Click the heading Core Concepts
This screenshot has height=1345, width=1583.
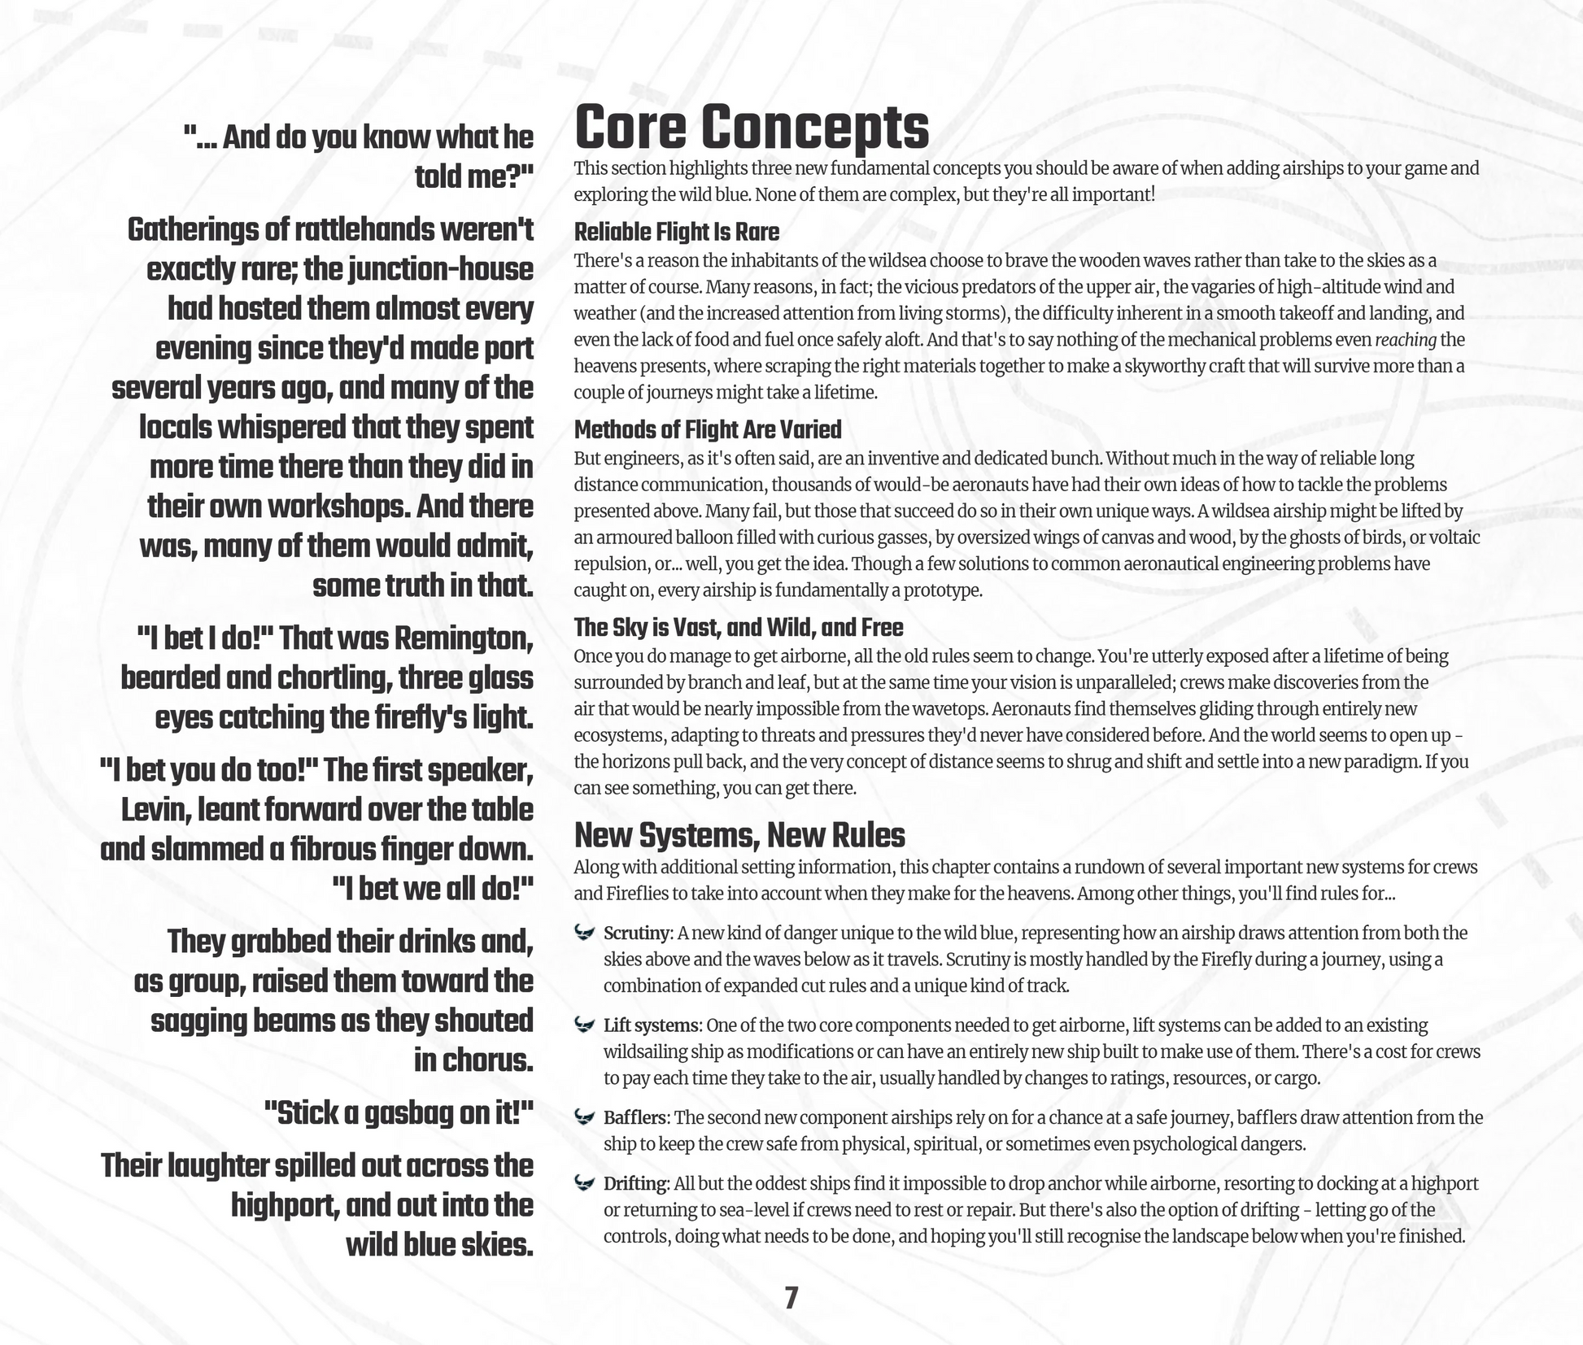(x=751, y=128)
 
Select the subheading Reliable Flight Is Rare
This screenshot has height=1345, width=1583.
(x=676, y=233)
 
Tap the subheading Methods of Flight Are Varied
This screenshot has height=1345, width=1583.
(x=707, y=429)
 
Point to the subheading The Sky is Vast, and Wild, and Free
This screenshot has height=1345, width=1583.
(x=738, y=628)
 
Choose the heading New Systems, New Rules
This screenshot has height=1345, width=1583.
(x=739, y=835)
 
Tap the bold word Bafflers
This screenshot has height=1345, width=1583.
(x=635, y=1118)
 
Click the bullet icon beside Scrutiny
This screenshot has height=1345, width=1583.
(x=584, y=932)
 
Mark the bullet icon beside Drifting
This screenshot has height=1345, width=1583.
(x=584, y=1183)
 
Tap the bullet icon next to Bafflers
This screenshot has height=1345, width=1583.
(x=584, y=1117)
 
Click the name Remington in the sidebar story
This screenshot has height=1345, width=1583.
(x=463, y=639)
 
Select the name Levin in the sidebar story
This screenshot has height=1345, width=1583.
(x=156, y=810)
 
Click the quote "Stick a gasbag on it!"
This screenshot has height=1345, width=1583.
(x=399, y=1113)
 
